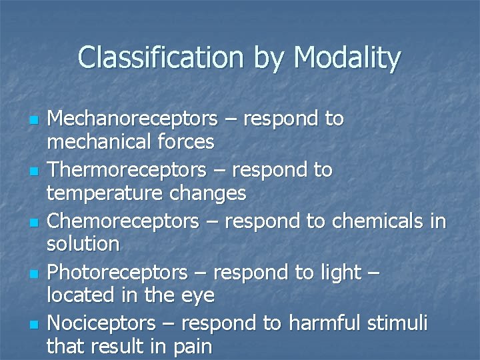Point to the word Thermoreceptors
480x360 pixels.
(x=127, y=171)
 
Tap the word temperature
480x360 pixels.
(x=95, y=193)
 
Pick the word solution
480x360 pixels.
(x=83, y=244)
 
